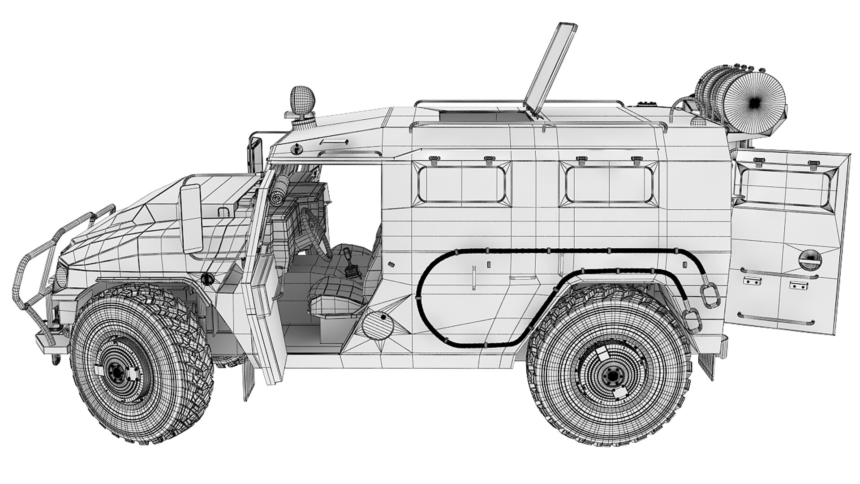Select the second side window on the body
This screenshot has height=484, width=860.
pyautogui.click(x=608, y=183)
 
